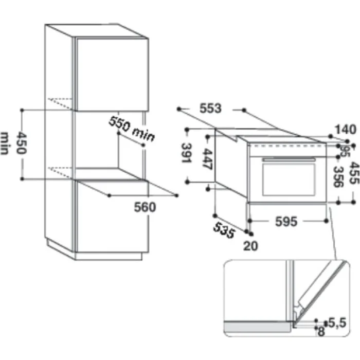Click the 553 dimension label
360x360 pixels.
(210, 109)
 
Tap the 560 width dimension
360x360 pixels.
(145, 207)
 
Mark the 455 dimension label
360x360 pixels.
(353, 173)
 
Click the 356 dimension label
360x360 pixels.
(338, 177)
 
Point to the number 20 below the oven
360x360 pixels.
(250, 246)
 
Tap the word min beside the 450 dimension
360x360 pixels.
(6, 144)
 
